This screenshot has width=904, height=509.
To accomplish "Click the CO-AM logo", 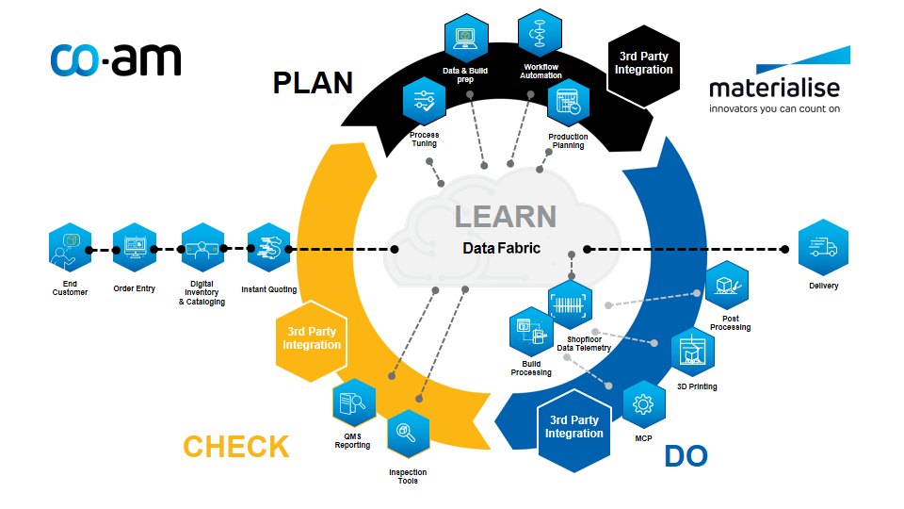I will click(116, 58).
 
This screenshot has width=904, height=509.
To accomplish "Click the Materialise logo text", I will click(774, 89).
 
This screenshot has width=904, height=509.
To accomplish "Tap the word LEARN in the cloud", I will click(506, 216).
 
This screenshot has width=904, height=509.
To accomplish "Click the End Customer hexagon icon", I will click(71, 249).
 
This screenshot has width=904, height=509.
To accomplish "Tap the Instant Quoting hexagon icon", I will click(268, 249).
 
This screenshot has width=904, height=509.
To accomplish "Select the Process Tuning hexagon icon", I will click(424, 102).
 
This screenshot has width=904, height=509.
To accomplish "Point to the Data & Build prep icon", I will click(465, 38).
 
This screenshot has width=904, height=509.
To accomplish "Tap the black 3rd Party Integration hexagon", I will click(644, 63).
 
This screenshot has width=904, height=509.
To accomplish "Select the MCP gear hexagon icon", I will click(644, 405).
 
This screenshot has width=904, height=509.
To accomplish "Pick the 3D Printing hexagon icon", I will click(692, 352).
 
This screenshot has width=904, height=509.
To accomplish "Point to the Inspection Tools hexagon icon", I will click(408, 433).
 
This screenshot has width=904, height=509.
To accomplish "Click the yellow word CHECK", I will click(236, 446).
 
